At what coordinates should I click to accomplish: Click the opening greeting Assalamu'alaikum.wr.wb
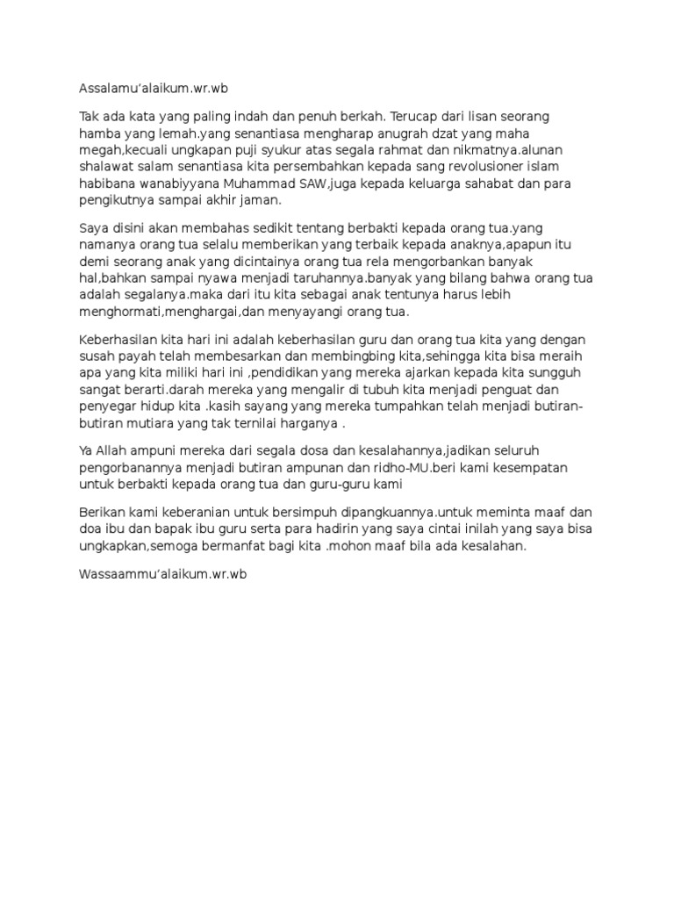[x=159, y=89]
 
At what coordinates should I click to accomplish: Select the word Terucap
[x=387, y=117]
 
